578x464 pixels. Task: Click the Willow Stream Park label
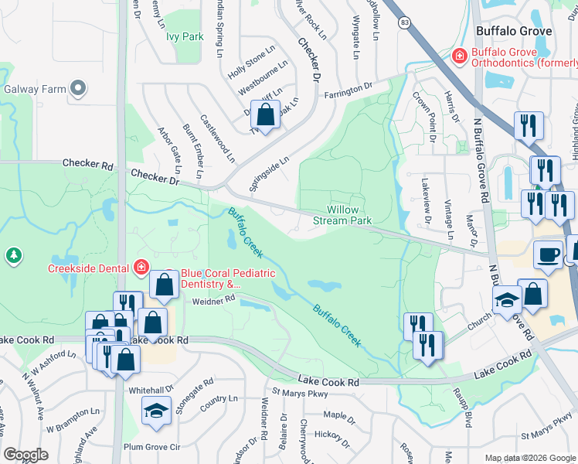348,215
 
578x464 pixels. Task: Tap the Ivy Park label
185,36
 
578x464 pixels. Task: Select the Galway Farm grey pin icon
78,89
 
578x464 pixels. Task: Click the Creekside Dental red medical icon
141,268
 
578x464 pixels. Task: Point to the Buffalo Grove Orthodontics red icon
459,56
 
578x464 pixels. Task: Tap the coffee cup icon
549,255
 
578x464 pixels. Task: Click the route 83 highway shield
405,24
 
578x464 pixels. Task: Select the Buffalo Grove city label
514,32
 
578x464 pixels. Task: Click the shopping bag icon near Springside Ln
265,115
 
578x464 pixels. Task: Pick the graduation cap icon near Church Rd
508,301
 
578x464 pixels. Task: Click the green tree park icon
13,255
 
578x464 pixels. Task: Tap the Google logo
25,455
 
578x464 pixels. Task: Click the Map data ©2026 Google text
529,458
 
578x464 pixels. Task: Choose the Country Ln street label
218,399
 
